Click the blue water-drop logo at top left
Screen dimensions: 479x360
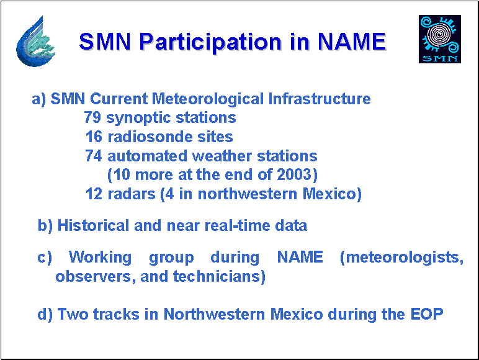(35, 41)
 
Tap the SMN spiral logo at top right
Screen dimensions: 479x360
(439, 39)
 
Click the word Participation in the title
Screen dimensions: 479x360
(210, 42)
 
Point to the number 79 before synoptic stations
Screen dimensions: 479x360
(92, 117)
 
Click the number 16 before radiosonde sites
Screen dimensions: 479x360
(94, 137)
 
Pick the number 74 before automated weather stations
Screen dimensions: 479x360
(94, 156)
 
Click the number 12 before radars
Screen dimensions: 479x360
(94, 194)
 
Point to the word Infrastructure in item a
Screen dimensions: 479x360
(320, 99)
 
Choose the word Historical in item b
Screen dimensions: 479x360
(93, 225)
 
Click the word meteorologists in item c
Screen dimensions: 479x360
(404, 258)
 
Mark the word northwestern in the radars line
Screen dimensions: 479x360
(248, 194)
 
